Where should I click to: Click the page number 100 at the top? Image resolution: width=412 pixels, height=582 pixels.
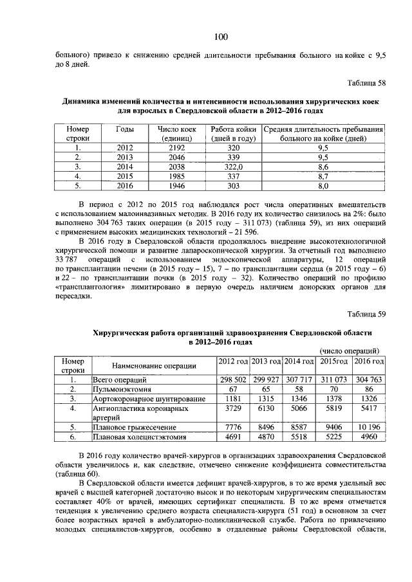[220, 36]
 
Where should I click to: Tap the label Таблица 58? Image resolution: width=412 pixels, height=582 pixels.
[365, 84]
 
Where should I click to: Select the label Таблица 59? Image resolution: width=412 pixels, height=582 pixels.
[365, 313]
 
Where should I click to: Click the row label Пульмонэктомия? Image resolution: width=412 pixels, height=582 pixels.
[122, 389]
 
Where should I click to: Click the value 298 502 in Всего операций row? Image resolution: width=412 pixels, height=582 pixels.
[232, 379]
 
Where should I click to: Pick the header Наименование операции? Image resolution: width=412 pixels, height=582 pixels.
[152, 366]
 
